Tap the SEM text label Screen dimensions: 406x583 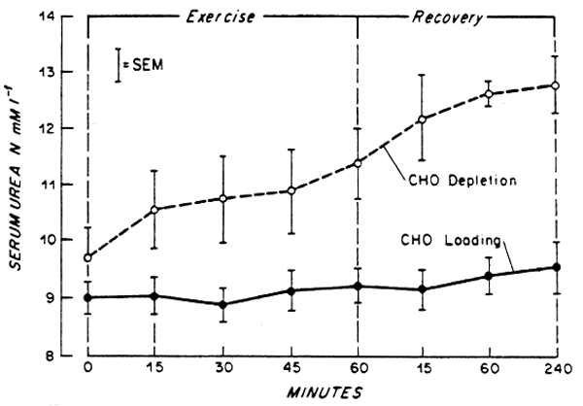[x=148, y=66]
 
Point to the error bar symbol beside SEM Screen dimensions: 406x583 [x=118, y=65]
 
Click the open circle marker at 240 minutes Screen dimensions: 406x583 [x=556, y=85]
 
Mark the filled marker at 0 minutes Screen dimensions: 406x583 [x=88, y=298]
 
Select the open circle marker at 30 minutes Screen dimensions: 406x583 [x=223, y=198]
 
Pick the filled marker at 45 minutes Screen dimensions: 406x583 [x=290, y=290]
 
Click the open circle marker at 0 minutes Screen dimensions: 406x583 [x=88, y=258]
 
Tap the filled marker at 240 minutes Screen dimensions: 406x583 [x=556, y=267]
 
